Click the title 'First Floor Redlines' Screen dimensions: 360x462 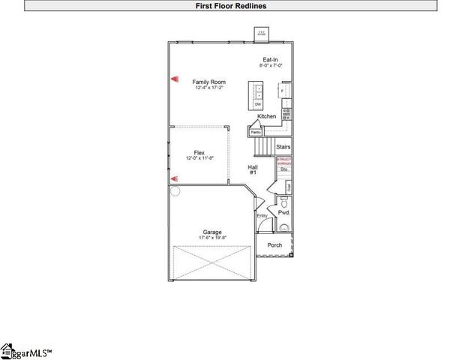tap(230, 5)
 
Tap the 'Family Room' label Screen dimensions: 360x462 tap(208, 82)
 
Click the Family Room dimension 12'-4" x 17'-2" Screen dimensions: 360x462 tap(208, 88)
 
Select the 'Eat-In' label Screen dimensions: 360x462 tap(271, 59)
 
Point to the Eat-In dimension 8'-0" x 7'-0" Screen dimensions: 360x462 tap(271, 66)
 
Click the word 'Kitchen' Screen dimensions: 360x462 tap(266, 116)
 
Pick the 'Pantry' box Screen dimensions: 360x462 tap(256, 132)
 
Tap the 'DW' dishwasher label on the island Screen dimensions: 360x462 tap(258, 104)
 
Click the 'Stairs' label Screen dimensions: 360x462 tap(283, 147)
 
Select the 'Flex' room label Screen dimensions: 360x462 tap(199, 152)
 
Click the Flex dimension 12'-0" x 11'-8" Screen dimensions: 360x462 tap(199, 158)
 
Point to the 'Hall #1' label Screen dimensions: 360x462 tap(253, 169)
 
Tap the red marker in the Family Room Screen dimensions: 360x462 tap(174, 77)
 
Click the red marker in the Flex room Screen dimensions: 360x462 tap(174, 178)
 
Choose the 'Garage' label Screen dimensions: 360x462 tap(212, 232)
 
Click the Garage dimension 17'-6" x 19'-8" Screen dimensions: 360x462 tap(212, 238)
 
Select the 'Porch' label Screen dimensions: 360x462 tap(274, 245)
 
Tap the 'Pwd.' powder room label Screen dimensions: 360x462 tap(283, 212)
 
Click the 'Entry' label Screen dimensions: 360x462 tap(262, 216)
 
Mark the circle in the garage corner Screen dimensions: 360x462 tap(174, 190)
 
